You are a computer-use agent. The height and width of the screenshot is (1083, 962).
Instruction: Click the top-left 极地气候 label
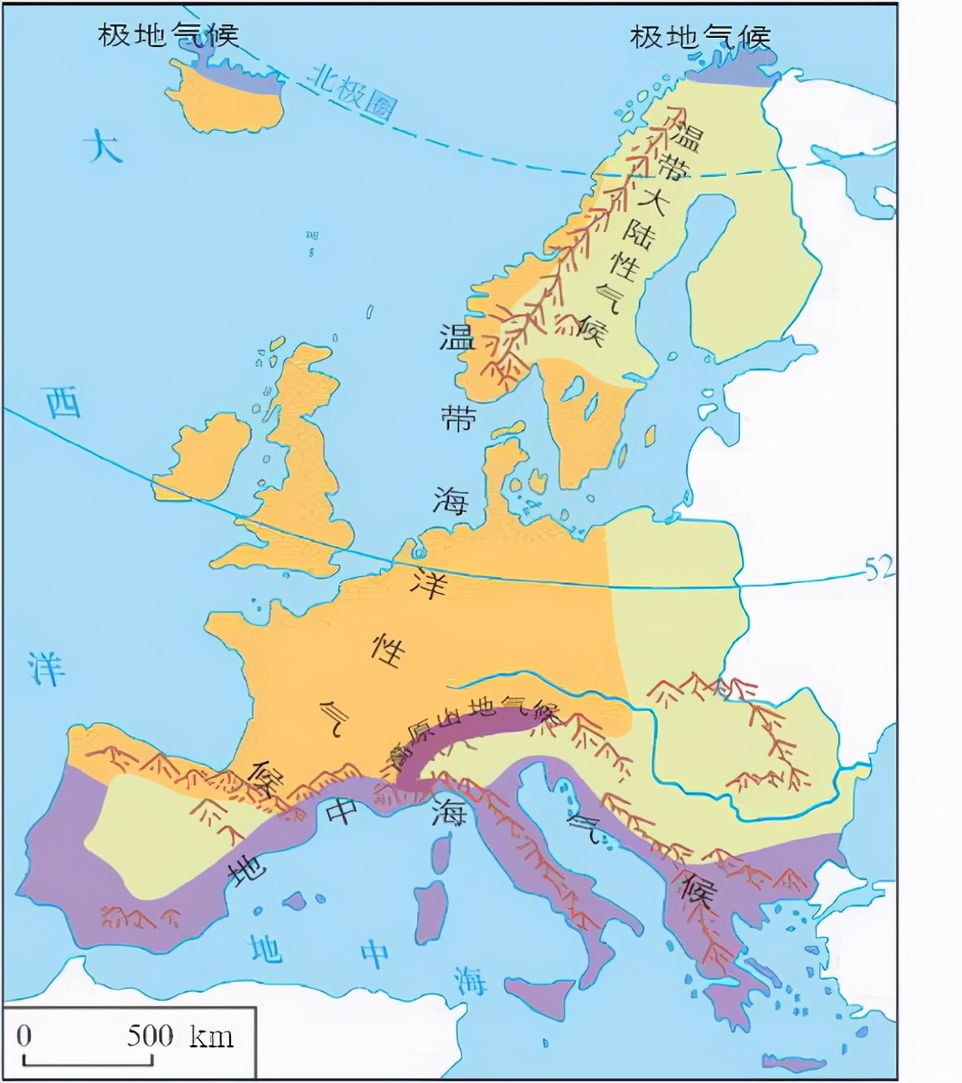pos(168,35)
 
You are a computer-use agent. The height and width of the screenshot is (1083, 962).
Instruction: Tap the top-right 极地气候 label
pos(700,37)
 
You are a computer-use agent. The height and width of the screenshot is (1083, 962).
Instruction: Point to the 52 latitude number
pos(878,569)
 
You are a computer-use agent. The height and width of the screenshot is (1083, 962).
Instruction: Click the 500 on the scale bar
pos(150,1034)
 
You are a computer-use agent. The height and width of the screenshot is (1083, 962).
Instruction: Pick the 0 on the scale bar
pos(24,1034)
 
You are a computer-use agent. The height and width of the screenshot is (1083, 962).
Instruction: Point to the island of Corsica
pos(441,853)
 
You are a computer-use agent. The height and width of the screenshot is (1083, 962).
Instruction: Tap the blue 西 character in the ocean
pos(63,404)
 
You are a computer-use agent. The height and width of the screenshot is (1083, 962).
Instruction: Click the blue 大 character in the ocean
pos(103,146)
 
